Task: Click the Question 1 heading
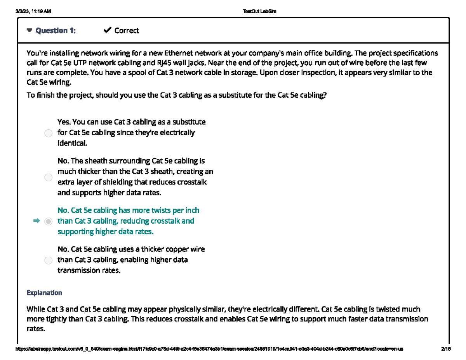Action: point(56,31)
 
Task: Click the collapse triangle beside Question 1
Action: point(30,31)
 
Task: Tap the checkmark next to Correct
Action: point(108,30)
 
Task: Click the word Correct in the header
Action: point(127,31)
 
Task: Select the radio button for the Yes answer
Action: point(48,133)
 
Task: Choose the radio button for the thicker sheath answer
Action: point(48,177)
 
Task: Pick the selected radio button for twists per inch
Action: point(48,221)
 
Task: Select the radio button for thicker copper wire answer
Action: point(48,260)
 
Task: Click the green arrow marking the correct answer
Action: point(37,221)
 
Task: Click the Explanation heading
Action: point(44,292)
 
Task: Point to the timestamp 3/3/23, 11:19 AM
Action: point(33,11)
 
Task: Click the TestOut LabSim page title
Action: point(259,11)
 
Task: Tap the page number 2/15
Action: point(446,349)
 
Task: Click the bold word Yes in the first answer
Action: point(64,122)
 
